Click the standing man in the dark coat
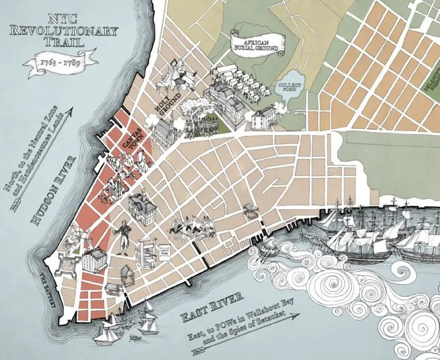(122, 235)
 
